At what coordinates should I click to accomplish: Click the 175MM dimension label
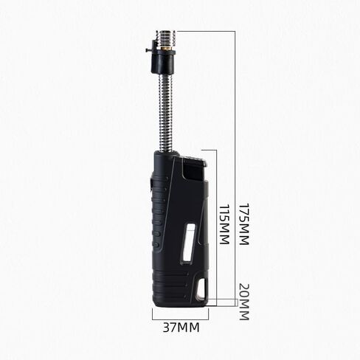(x=244, y=224)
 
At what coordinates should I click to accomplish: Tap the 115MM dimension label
(x=224, y=224)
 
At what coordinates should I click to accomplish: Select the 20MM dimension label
(x=244, y=302)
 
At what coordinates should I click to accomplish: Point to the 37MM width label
(x=181, y=328)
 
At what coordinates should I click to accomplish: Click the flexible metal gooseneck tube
(x=167, y=112)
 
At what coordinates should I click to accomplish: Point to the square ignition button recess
(x=194, y=170)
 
